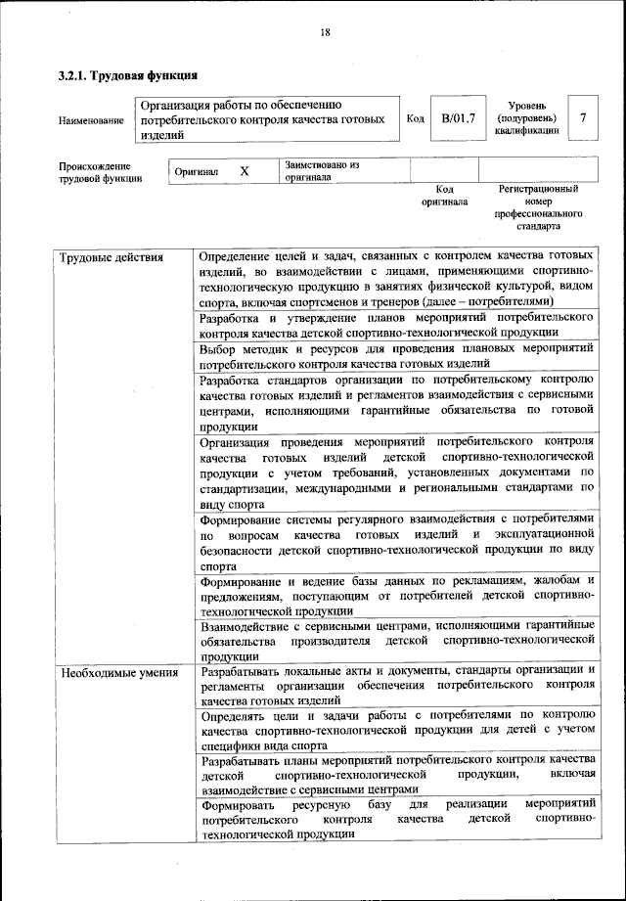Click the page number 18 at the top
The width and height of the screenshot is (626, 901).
point(325,32)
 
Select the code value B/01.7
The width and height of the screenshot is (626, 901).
point(458,118)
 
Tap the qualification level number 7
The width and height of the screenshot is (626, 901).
point(583,118)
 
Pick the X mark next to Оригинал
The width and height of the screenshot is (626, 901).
point(245,171)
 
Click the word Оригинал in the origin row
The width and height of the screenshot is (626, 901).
point(197,172)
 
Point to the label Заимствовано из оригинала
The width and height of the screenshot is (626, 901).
point(323,172)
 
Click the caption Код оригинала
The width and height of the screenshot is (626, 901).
point(445,195)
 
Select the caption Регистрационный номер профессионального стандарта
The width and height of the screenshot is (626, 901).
point(539,206)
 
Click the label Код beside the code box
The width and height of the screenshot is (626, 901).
point(415,118)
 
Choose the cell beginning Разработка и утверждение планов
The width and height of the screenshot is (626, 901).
point(396,326)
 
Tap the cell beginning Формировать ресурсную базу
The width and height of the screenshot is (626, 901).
point(396,818)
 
